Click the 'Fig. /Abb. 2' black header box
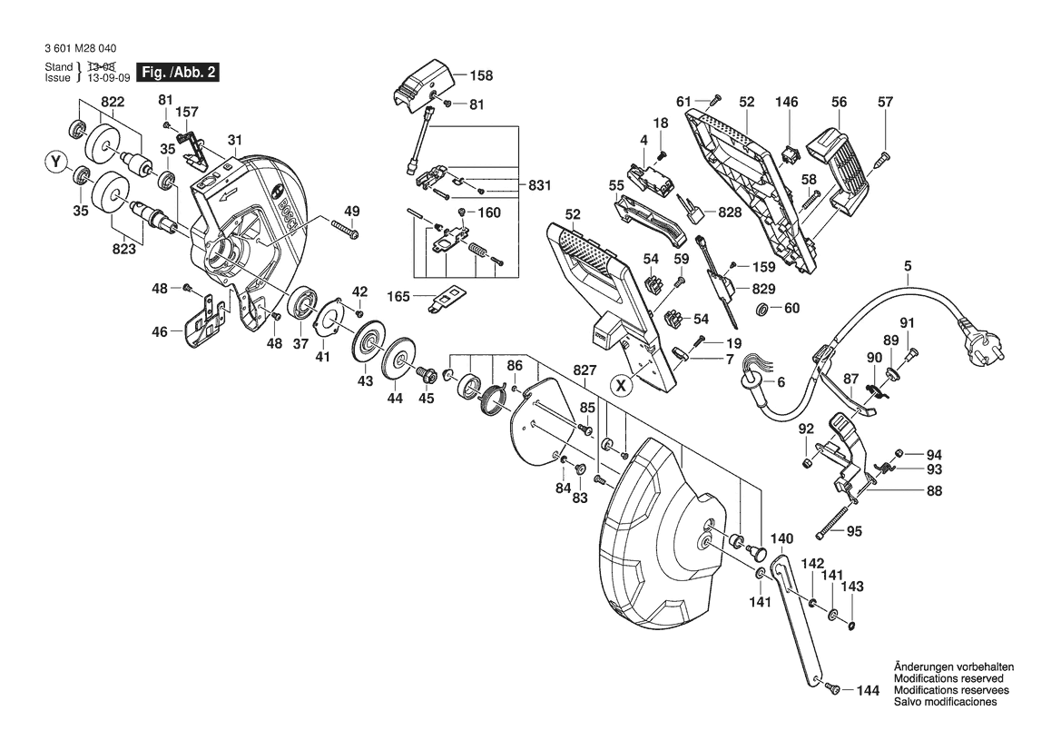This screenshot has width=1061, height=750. coord(178,72)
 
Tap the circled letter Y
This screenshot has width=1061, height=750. coord(55,162)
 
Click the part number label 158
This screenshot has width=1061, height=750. coord(481,75)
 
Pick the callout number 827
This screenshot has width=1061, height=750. coord(585,370)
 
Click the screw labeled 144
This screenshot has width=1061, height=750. coord(833,689)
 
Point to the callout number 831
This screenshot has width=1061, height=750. coord(539,185)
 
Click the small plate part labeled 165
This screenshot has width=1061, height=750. coord(447,299)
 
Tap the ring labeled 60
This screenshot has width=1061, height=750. coord(761,310)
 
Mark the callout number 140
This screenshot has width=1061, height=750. coord(781,538)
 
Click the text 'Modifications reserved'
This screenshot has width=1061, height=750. coord(948,678)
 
